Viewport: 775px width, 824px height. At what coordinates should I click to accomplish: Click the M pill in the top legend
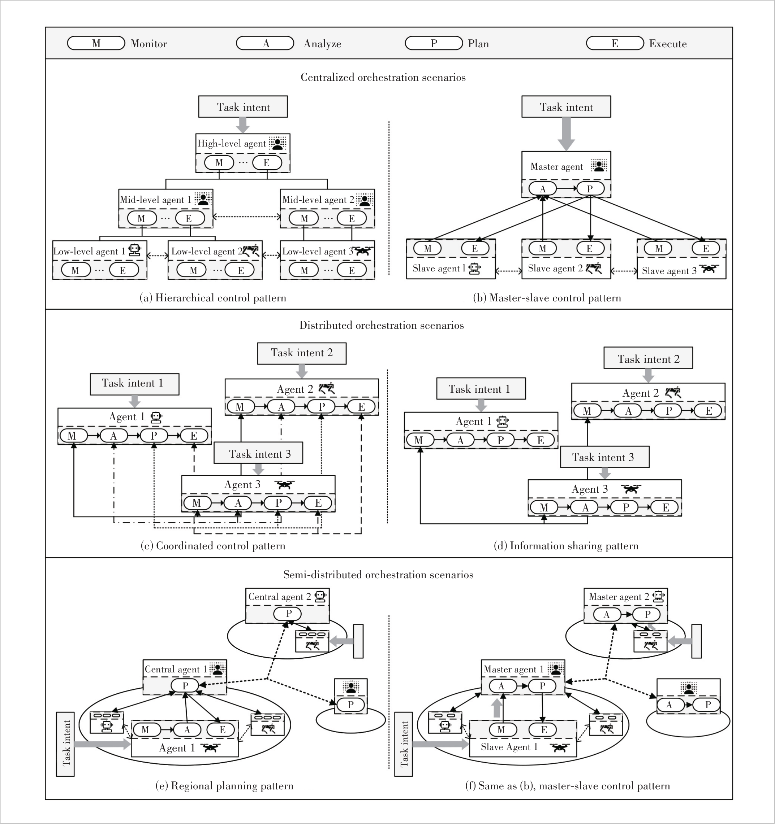pos(96,43)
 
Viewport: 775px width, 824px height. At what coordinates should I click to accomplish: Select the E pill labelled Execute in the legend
pos(615,43)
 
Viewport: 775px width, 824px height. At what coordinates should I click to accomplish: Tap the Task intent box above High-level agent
pos(243,107)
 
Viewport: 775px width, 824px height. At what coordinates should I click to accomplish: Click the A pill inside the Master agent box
pos(543,189)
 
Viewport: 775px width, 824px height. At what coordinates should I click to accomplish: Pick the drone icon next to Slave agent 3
pos(709,269)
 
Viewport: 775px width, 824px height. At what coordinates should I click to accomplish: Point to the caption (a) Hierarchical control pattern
pos(213,298)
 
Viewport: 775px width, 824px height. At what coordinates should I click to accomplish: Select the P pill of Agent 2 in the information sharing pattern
pos(669,411)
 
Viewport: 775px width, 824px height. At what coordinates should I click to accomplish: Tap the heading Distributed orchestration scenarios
pos(382,325)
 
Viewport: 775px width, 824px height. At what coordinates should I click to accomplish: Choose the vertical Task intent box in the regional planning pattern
pos(65,744)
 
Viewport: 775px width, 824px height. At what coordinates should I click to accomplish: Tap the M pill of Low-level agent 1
pos(76,270)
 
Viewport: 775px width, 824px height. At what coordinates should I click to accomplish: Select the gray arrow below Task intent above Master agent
pos(566,134)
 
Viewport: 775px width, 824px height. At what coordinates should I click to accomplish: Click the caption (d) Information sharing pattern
pos(566,546)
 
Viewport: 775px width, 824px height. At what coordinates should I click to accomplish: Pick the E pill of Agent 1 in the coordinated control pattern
pos(194,436)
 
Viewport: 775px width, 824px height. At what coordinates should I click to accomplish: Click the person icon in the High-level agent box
pos(277,143)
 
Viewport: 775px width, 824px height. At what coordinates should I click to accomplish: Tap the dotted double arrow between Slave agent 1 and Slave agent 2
pos(509,271)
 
